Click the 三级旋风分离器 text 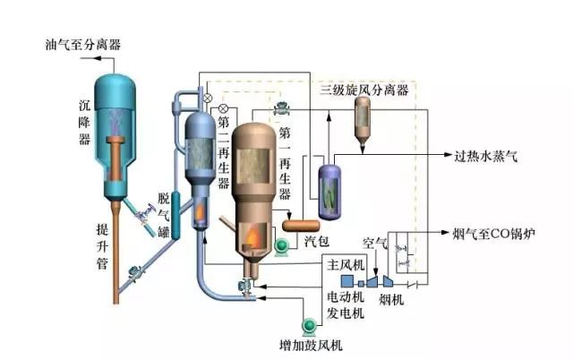click(364, 90)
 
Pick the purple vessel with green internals click(329, 188)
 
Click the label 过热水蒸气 click(483, 156)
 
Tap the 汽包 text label click(315, 243)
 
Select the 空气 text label click(374, 243)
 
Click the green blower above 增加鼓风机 click(310, 325)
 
